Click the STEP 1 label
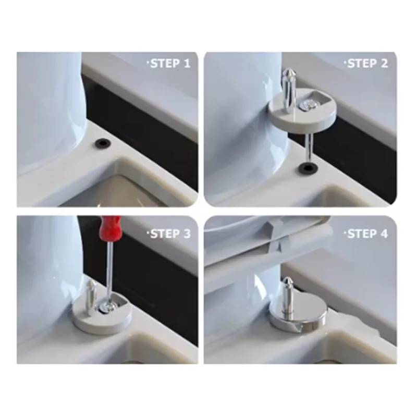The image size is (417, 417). coord(170,64)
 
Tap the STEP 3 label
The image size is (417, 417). coord(170,234)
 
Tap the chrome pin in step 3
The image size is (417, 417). coord(91,297)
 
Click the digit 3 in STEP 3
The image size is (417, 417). coord(187,234)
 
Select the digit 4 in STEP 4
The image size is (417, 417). coord(384,234)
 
